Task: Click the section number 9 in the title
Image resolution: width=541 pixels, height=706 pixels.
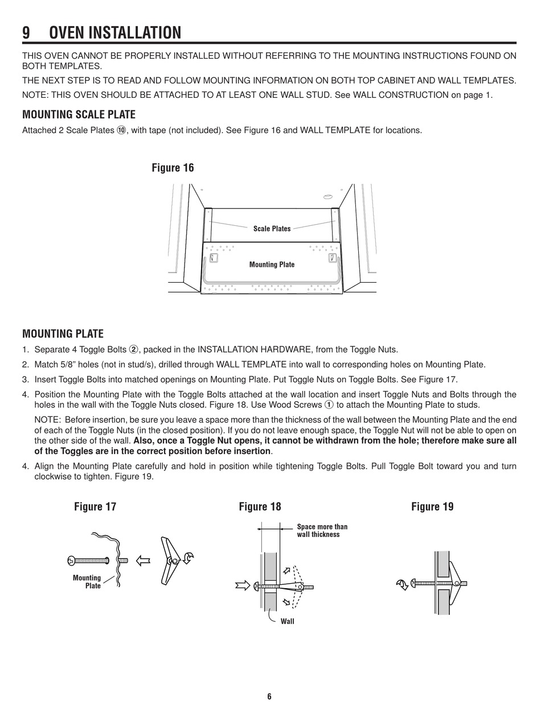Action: click(x=26, y=33)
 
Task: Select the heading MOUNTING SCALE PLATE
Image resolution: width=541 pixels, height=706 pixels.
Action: click(x=79, y=114)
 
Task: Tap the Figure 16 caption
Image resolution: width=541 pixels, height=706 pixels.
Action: click(x=173, y=168)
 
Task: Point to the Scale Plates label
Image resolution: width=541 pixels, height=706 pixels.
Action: click(x=272, y=229)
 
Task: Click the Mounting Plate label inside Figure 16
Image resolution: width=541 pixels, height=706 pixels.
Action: click(x=272, y=265)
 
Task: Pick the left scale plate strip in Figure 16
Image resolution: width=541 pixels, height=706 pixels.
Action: click(x=208, y=225)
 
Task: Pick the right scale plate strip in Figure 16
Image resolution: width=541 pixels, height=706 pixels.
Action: click(x=335, y=225)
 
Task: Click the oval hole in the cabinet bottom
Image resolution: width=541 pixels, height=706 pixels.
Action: click(x=327, y=197)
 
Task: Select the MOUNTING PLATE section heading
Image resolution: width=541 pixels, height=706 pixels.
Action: click(x=63, y=334)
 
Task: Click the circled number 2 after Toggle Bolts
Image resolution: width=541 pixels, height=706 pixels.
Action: click(x=134, y=350)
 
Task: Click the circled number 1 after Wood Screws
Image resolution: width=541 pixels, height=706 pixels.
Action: click(x=329, y=405)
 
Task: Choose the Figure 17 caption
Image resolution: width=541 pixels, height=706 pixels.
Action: click(x=95, y=506)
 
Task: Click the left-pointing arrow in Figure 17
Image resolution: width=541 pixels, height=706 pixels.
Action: click(x=143, y=560)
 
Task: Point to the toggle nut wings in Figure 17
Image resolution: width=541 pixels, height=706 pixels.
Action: click(x=169, y=561)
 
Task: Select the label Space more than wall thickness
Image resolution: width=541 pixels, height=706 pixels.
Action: click(x=322, y=531)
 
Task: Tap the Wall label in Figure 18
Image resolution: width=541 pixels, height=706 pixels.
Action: click(x=288, y=621)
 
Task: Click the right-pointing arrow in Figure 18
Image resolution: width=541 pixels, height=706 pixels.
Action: click(x=243, y=585)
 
